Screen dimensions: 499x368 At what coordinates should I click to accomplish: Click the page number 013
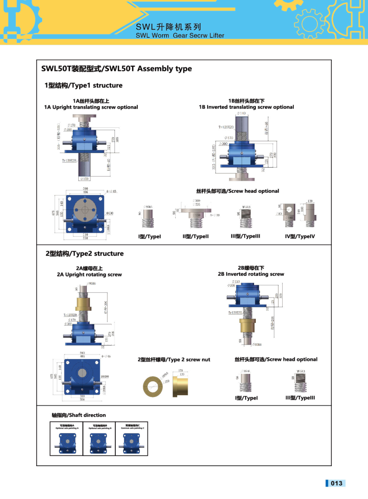(336, 483)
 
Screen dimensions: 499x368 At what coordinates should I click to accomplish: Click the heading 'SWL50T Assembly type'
(116, 69)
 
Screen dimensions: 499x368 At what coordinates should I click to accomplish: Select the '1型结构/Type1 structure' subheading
(83, 85)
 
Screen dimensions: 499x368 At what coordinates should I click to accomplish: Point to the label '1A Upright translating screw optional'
(91, 107)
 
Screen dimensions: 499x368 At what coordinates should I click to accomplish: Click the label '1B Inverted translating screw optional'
(246, 107)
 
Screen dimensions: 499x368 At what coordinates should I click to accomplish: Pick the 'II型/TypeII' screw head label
(196, 236)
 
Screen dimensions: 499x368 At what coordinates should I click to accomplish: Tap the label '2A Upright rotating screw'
(89, 274)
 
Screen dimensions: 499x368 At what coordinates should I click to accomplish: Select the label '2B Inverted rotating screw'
(251, 274)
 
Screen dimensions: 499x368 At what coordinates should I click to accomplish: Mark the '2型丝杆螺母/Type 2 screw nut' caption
(173, 360)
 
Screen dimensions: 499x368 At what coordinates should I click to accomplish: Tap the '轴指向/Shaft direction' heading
(78, 415)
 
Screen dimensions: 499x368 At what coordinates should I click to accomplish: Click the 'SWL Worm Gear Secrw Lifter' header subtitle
(180, 35)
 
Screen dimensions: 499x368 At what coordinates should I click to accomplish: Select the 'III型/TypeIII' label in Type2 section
(300, 398)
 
